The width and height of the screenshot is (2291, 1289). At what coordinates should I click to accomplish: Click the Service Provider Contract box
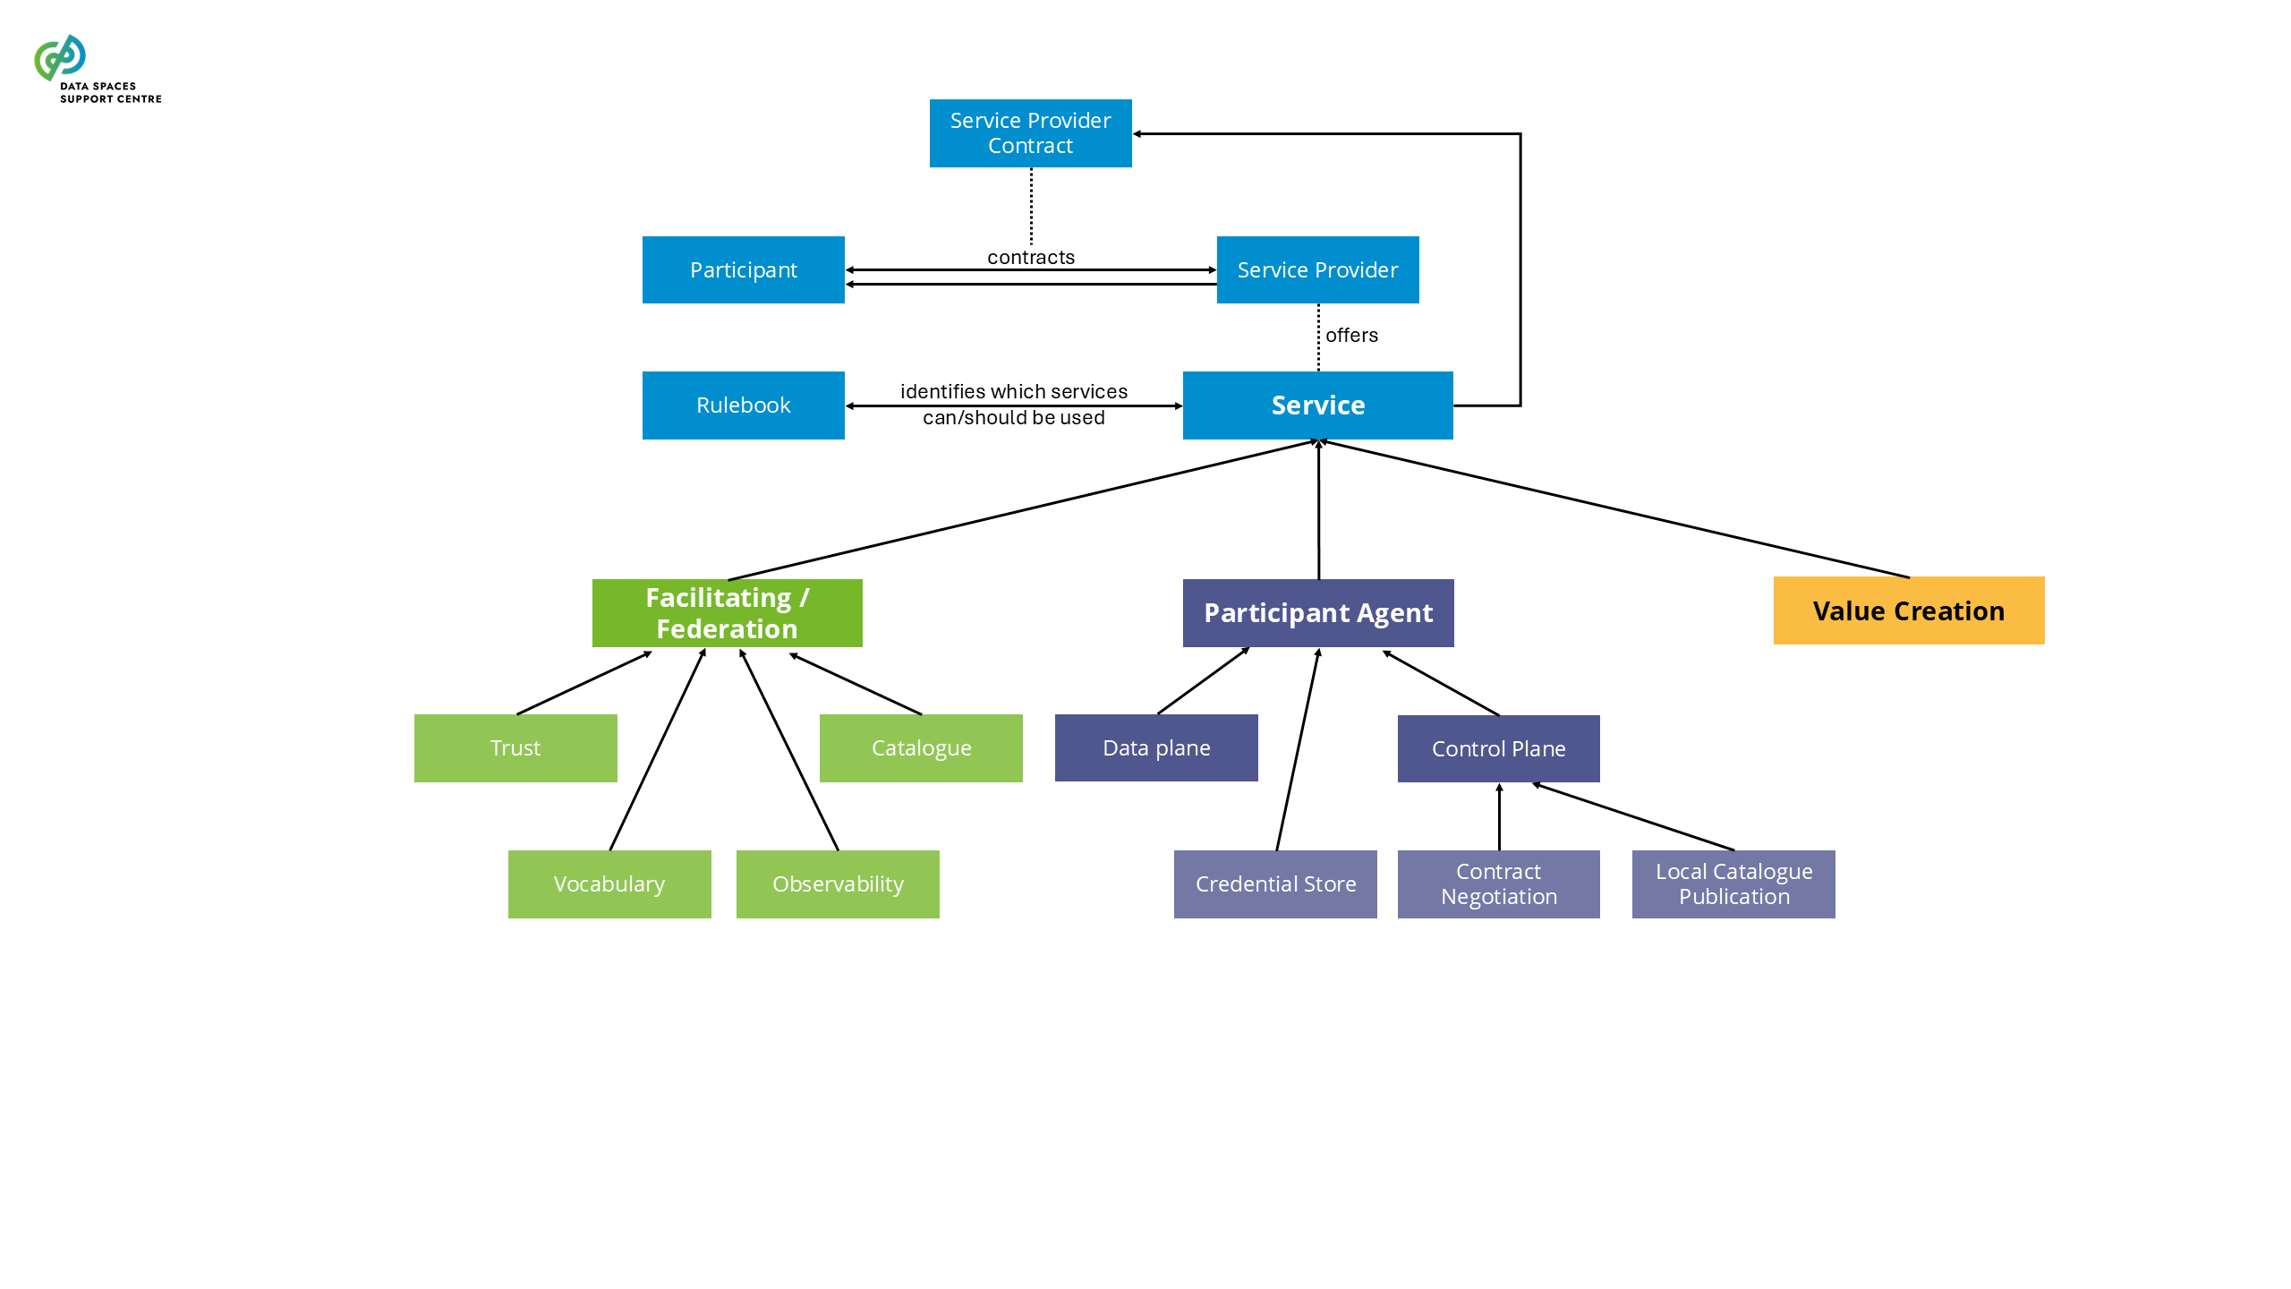pyautogui.click(x=1030, y=133)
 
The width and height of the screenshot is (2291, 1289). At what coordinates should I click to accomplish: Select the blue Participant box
pyautogui.click(x=743, y=269)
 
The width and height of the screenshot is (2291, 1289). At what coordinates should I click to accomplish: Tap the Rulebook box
pyautogui.click(x=743, y=405)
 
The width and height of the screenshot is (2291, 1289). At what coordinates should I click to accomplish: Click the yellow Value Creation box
pyautogui.click(x=1908, y=610)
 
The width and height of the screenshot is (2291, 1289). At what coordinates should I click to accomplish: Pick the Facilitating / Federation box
pyautogui.click(x=727, y=613)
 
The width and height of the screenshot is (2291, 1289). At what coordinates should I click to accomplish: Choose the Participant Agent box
pyautogui.click(x=1317, y=613)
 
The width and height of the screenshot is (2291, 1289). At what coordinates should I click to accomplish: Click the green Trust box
pyautogui.click(x=515, y=748)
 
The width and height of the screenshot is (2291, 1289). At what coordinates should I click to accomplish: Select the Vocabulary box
pyautogui.click(x=609, y=884)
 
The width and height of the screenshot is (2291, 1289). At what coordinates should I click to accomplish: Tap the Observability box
pyautogui.click(x=838, y=884)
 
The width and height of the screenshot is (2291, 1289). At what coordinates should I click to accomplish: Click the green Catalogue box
pyautogui.click(x=921, y=748)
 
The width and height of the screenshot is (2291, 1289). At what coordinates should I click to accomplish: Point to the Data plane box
pyautogui.click(x=1156, y=748)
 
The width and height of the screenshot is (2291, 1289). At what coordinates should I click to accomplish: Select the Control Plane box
pyautogui.click(x=1498, y=749)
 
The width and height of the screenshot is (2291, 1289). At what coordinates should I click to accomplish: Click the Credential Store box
pyautogui.click(x=1275, y=884)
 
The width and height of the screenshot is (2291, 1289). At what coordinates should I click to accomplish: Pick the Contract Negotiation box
pyautogui.click(x=1498, y=884)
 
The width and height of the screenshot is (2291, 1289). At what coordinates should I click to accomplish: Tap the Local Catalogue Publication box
pyautogui.click(x=1733, y=884)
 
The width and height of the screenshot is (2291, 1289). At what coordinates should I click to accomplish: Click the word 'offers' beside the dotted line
pyautogui.click(x=1351, y=336)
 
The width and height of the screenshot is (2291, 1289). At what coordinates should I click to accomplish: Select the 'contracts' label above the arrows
pyautogui.click(x=1031, y=258)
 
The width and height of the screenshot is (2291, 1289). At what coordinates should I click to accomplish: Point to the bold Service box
pyautogui.click(x=1317, y=405)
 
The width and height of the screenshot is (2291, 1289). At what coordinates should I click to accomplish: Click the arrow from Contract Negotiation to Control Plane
pyautogui.click(x=1499, y=816)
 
